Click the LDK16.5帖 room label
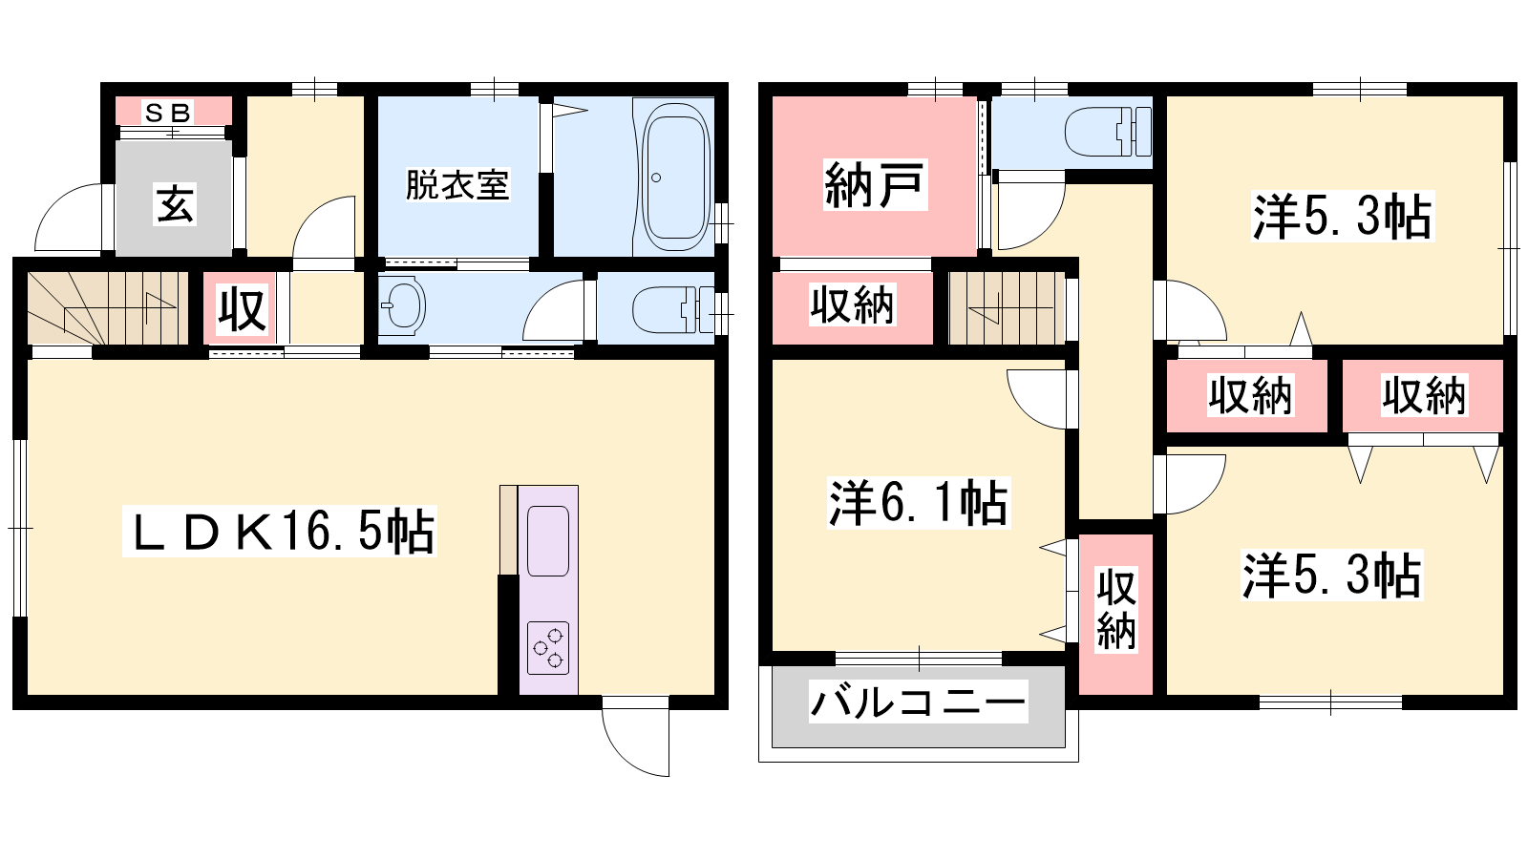click(280, 532)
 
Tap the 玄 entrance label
click(176, 204)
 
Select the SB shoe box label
click(168, 113)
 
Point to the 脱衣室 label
click(457, 185)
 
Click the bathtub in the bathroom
click(675, 177)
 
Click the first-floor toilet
click(673, 309)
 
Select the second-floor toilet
click(1108, 132)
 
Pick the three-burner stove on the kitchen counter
click(548, 648)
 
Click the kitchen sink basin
click(548, 540)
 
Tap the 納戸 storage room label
click(875, 184)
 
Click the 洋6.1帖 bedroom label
click(918, 503)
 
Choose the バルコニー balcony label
click(918, 702)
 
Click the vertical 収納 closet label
click(1116, 609)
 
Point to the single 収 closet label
click(242, 309)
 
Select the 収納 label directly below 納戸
click(852, 304)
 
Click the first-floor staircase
click(108, 308)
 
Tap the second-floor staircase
click(1007, 308)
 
